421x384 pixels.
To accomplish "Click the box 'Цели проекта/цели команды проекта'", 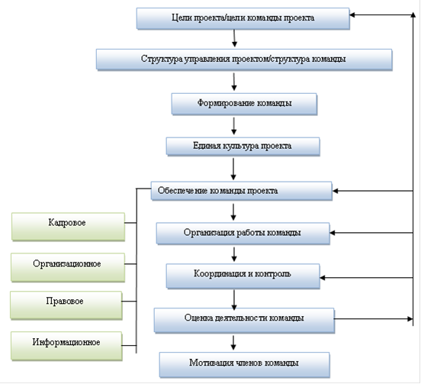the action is [243, 18].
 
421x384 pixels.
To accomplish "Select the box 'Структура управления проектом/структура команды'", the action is [244, 60].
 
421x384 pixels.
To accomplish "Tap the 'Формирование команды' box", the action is [244, 104].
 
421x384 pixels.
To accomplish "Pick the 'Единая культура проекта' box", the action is [243, 147].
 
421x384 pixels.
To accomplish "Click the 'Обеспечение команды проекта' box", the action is [241, 191].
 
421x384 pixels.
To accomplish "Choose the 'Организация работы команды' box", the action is [243, 233].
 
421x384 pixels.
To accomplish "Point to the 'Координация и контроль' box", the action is [243, 276].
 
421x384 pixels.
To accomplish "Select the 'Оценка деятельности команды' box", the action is [244, 320].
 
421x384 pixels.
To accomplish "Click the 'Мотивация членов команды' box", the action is [244, 365].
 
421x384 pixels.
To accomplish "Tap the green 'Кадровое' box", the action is [68, 226].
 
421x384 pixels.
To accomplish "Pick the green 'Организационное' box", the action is [68, 267].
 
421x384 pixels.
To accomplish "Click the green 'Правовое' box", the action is [66, 305].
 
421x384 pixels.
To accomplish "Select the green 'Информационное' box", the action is [66, 346].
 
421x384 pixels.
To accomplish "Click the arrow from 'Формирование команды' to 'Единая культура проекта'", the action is [233, 126].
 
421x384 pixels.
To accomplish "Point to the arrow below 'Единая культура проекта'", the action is [233, 169].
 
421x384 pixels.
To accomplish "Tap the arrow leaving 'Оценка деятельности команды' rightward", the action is [373, 319].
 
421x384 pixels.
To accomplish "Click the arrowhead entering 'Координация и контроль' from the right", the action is [322, 278].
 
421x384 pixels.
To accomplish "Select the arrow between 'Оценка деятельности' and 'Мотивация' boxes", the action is [233, 343].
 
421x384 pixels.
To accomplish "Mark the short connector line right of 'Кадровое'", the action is [130, 223].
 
